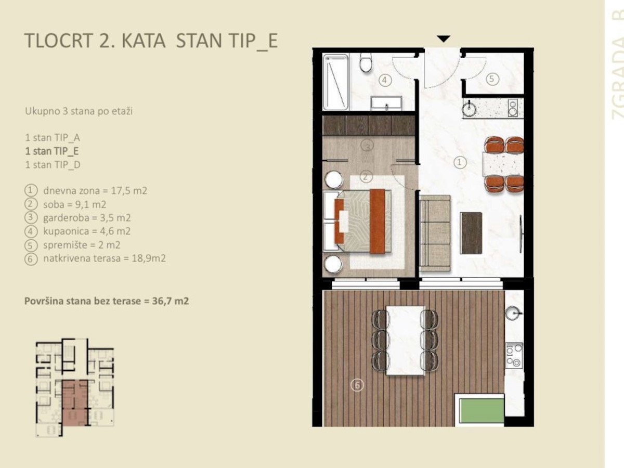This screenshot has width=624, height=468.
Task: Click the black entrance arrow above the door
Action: pyautogui.click(x=444, y=38)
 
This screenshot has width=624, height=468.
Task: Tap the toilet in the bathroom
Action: pyautogui.click(x=366, y=62)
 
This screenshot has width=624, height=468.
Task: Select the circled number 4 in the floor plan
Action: pyautogui.click(x=385, y=80)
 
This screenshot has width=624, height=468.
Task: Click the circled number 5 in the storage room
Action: pyautogui.click(x=492, y=79)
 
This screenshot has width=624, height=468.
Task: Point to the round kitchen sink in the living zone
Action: pyautogui.click(x=470, y=108)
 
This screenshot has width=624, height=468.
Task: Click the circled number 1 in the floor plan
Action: pyautogui.click(x=459, y=163)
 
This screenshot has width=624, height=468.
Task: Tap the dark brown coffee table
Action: pyautogui.click(x=471, y=233)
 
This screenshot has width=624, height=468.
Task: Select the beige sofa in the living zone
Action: pyautogui.click(x=435, y=233)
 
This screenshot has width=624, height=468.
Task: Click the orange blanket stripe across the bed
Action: pyautogui.click(x=378, y=222)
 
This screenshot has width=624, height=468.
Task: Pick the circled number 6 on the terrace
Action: pyautogui.click(x=357, y=385)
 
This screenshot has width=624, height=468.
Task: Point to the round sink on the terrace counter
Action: pyautogui.click(x=514, y=313)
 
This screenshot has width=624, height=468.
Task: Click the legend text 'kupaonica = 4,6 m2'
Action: pyautogui.click(x=87, y=231)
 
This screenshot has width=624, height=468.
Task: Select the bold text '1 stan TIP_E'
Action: pyautogui.click(x=51, y=151)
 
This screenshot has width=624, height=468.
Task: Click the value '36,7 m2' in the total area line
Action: pyautogui.click(x=171, y=301)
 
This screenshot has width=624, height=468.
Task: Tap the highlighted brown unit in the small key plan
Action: pyautogui.click(x=75, y=403)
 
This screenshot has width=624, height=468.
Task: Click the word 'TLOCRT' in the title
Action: pyautogui.click(x=59, y=41)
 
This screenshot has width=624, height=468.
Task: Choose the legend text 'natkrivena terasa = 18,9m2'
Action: pyautogui.click(x=105, y=258)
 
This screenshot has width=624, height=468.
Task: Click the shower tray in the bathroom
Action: pyautogui.click(x=336, y=82)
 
